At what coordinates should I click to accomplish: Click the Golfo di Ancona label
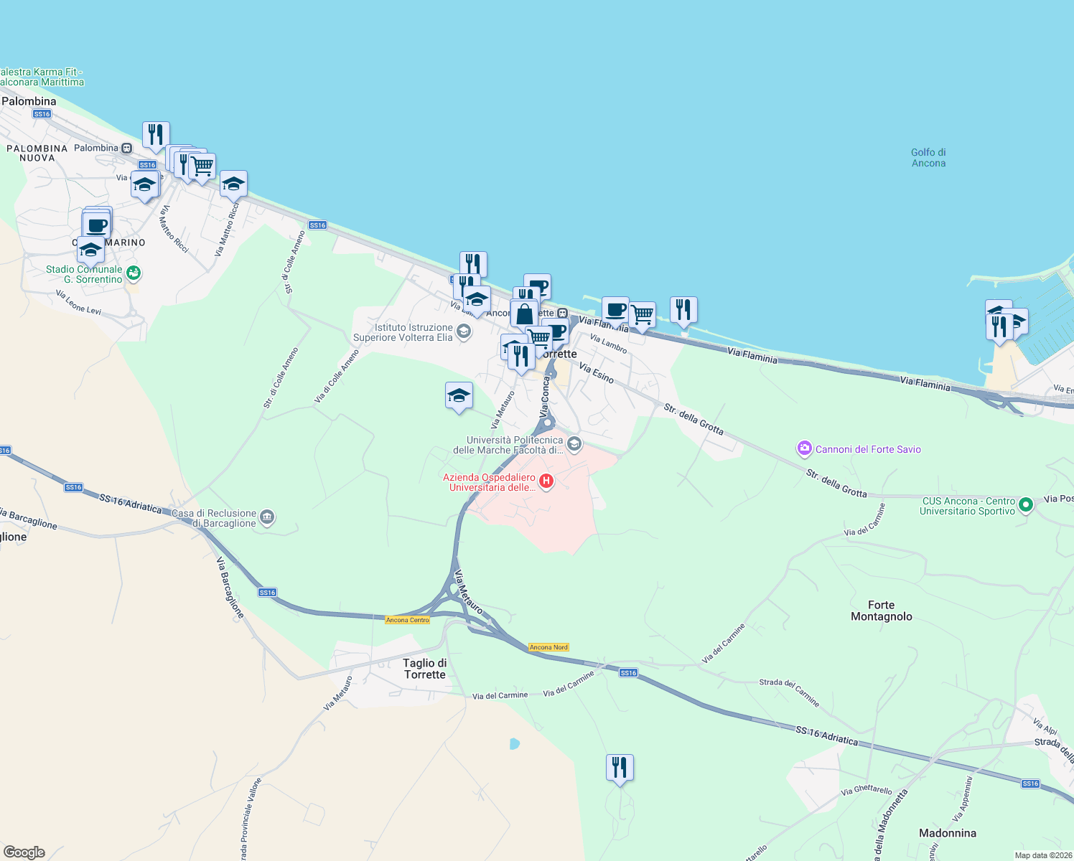click(928, 158)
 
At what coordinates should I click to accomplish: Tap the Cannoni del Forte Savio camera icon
click(804, 449)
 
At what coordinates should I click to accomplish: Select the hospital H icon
click(546, 481)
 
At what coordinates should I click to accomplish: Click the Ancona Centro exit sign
click(407, 620)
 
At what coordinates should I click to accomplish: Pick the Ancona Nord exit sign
click(548, 647)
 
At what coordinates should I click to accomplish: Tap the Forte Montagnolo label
click(881, 611)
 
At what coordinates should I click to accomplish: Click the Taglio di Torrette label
click(424, 669)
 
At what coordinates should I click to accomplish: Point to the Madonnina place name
click(948, 833)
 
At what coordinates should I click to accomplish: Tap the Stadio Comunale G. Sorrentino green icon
click(133, 273)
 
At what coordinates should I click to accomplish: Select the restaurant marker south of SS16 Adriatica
click(620, 768)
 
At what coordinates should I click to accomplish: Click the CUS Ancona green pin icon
click(1026, 505)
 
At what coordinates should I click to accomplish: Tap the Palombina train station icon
click(126, 149)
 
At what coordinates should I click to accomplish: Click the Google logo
click(24, 852)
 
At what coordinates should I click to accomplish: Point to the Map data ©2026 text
click(1042, 855)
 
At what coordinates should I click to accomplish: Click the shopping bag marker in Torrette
click(524, 314)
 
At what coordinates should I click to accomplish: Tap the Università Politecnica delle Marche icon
click(574, 444)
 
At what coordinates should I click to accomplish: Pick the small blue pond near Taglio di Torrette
click(514, 744)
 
